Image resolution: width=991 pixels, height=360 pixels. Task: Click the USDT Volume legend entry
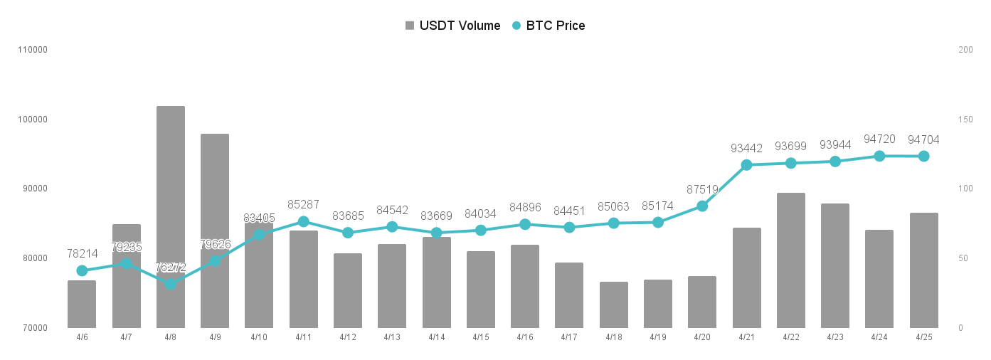[453, 26]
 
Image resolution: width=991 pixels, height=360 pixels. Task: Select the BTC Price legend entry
[549, 26]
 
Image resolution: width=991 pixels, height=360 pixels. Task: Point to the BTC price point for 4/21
[747, 165]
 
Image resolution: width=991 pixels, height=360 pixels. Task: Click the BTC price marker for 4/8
[171, 284]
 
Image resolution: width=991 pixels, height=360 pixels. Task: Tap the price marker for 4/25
[924, 156]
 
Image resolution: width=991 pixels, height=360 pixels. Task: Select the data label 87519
[702, 189]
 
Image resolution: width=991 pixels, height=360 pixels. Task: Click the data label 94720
[879, 139]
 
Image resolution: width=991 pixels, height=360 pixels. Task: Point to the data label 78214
[82, 253]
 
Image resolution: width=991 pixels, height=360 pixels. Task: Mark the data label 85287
[304, 204]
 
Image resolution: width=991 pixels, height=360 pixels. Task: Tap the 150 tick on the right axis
[965, 120]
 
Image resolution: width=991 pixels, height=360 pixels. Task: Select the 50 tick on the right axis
[963, 258]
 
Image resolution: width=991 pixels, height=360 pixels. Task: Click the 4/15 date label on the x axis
[481, 337]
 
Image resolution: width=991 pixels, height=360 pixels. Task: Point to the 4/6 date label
[82, 337]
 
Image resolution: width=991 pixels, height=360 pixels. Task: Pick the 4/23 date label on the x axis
[835, 337]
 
